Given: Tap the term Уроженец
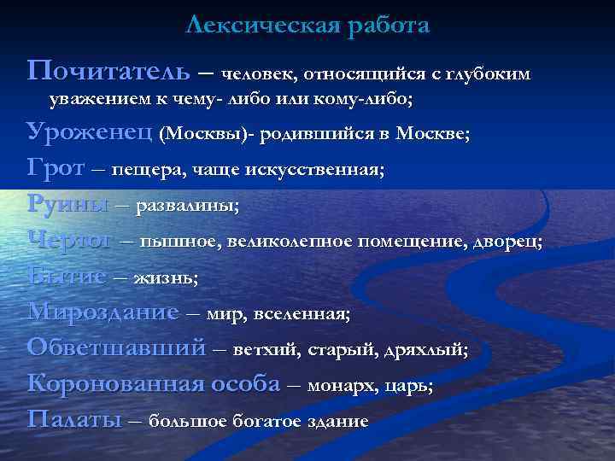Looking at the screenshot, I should pyautogui.click(x=90, y=133).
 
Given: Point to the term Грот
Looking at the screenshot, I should pyautogui.click(x=56, y=168).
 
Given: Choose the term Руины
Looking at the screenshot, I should pyautogui.click(x=68, y=205).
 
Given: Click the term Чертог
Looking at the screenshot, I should pyautogui.click(x=69, y=241).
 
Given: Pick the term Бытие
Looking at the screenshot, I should pyautogui.click(x=67, y=277).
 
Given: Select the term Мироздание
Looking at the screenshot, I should pyautogui.click(x=102, y=312).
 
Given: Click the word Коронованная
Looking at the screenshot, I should pyautogui.click(x=112, y=384).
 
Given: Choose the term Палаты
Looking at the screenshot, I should pyautogui.click(x=74, y=420).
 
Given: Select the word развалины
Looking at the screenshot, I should pyautogui.click(x=188, y=206).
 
